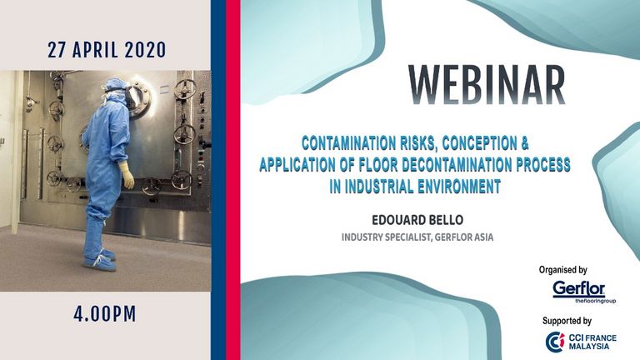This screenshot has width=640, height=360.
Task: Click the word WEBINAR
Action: [487, 85]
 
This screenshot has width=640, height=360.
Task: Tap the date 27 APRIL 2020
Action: [107, 50]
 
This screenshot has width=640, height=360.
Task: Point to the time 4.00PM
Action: [105, 314]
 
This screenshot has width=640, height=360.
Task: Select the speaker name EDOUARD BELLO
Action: [417, 220]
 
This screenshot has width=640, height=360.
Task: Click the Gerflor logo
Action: [583, 292]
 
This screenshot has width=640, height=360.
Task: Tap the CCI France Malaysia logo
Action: [581, 342]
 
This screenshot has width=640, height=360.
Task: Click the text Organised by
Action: [562, 270]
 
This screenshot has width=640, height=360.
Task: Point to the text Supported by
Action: [567, 321]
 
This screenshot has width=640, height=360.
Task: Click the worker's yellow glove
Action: [127, 176]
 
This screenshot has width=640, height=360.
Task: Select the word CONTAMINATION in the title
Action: [348, 143]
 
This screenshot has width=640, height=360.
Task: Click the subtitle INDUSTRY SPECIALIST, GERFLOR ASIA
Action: [417, 237]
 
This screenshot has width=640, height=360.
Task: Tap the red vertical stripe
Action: [233, 180]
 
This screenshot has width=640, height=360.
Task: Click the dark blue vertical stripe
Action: [218, 180]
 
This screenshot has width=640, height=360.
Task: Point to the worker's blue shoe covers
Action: [100, 260]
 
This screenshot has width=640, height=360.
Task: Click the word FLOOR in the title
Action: [378, 165]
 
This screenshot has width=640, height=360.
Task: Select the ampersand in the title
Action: [524, 143]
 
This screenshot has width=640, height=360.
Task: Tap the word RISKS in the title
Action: [419, 143]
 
